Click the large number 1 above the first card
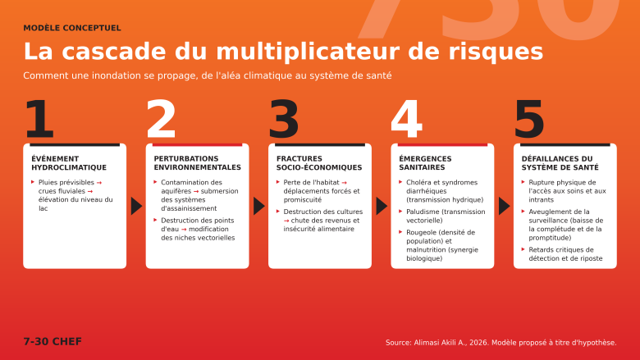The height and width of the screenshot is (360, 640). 39,119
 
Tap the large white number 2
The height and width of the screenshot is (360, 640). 161,119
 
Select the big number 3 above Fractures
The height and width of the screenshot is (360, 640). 284,119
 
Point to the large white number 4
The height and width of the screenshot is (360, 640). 406,119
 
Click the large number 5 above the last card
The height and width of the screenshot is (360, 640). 529,119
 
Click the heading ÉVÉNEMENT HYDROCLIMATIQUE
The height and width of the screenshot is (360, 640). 69,163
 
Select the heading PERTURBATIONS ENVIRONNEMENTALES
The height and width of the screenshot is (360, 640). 198,163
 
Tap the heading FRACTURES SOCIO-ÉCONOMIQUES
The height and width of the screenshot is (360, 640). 319,163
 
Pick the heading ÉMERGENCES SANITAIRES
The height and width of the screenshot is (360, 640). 425,163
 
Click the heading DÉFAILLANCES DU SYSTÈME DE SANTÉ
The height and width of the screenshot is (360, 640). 560,163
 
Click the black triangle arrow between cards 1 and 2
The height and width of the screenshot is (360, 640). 136,206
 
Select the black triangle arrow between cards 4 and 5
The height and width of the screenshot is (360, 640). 504,206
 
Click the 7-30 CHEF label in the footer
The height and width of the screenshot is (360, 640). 53,341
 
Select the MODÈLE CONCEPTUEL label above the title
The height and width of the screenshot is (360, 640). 72,28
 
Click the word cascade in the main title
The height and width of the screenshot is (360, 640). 114,52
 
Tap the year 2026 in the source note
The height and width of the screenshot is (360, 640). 478,343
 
